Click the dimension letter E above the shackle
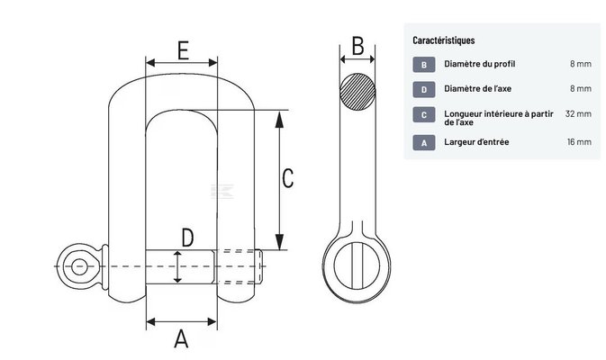(x=182, y=49)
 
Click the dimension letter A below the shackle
(x=181, y=339)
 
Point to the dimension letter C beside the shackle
(x=287, y=178)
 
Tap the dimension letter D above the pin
(x=187, y=238)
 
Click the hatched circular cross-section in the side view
(x=357, y=91)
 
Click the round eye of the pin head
(x=81, y=265)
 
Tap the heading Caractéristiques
(x=444, y=40)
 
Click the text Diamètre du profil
(x=480, y=65)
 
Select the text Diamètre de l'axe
(x=478, y=89)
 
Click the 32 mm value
(x=577, y=114)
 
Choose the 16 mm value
(x=578, y=142)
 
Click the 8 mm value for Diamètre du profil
(x=580, y=65)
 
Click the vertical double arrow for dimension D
(x=178, y=266)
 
